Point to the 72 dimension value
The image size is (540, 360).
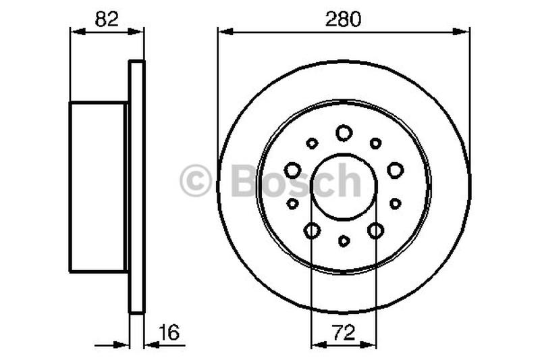click(343, 332)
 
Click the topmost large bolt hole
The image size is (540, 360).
click(344, 133)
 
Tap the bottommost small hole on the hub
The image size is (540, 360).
click(344, 240)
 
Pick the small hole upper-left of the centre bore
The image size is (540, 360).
click(312, 143)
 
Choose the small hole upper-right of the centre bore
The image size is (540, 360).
click(376, 143)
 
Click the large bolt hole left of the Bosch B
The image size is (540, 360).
click(293, 170)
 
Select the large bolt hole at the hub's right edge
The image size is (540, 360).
click(396, 170)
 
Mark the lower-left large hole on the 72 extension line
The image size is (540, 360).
click(312, 231)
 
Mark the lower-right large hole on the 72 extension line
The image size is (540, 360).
click(376, 231)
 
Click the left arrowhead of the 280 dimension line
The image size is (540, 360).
click(223, 30)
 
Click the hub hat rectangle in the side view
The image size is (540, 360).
click(98, 187)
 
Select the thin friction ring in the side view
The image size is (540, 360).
click(136, 187)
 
